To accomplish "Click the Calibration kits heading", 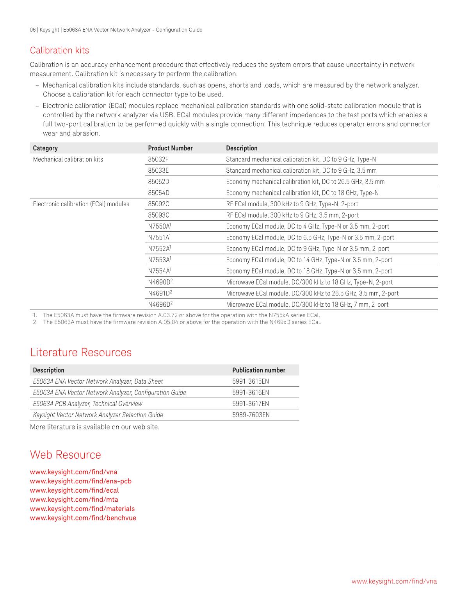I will point(59,50).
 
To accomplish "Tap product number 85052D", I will point(158,182).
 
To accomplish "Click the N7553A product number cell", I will point(159,260).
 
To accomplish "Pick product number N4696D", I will point(159,304).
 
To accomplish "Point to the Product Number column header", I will point(170,148).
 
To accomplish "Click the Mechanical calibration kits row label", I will point(68,159).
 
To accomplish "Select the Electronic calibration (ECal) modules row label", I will point(81,204).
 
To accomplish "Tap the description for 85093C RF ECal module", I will point(292,215).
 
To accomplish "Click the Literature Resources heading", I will point(81,352).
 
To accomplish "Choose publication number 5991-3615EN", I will point(251,381).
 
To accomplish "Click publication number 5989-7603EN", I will point(251,415).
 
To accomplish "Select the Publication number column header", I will point(258,370).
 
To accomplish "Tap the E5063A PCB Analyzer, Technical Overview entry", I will point(87,404).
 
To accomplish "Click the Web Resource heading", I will point(65,455).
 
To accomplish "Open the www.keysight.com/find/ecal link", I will point(74,490).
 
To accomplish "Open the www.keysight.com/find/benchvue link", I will point(83,518).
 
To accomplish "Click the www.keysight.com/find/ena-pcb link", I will point(80,481).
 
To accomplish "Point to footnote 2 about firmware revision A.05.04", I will point(182,322).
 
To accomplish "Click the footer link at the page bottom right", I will point(394,581).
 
